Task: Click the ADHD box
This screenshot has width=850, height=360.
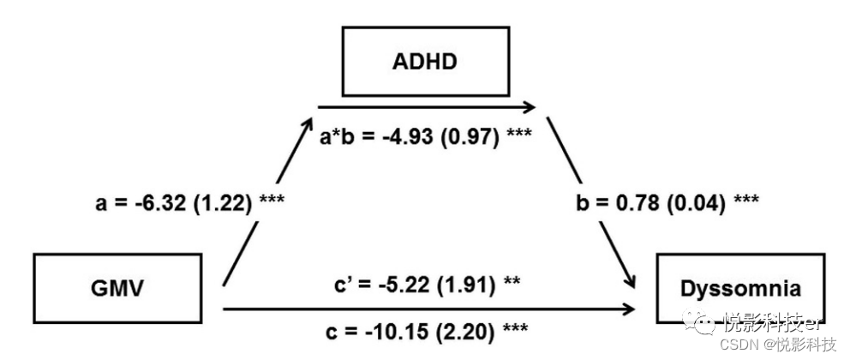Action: point(426,62)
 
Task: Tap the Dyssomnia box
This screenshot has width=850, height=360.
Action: point(739,287)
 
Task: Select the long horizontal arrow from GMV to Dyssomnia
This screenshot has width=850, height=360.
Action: point(428,309)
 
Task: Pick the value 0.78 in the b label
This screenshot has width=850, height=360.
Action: point(635,203)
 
